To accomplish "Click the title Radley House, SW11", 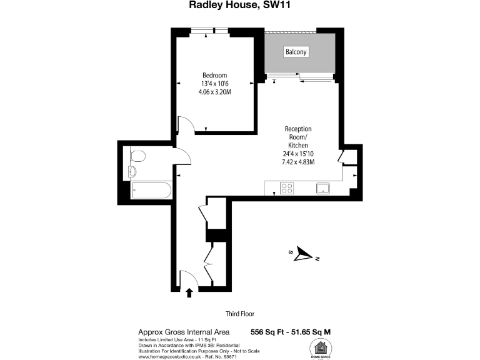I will [239, 6].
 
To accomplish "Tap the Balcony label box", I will [296, 52].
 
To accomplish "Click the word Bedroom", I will [214, 75].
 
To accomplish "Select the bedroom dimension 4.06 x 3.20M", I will [214, 92].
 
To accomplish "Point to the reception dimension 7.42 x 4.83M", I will [298, 162].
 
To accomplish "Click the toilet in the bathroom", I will [137, 156].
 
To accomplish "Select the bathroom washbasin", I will [132, 171].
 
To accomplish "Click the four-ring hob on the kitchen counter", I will [287, 188].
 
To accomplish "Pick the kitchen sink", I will [324, 188].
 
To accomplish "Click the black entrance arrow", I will [189, 292].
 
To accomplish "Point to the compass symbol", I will [304, 254].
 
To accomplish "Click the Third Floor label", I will [240, 314].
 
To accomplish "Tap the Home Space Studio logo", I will [322, 349].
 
